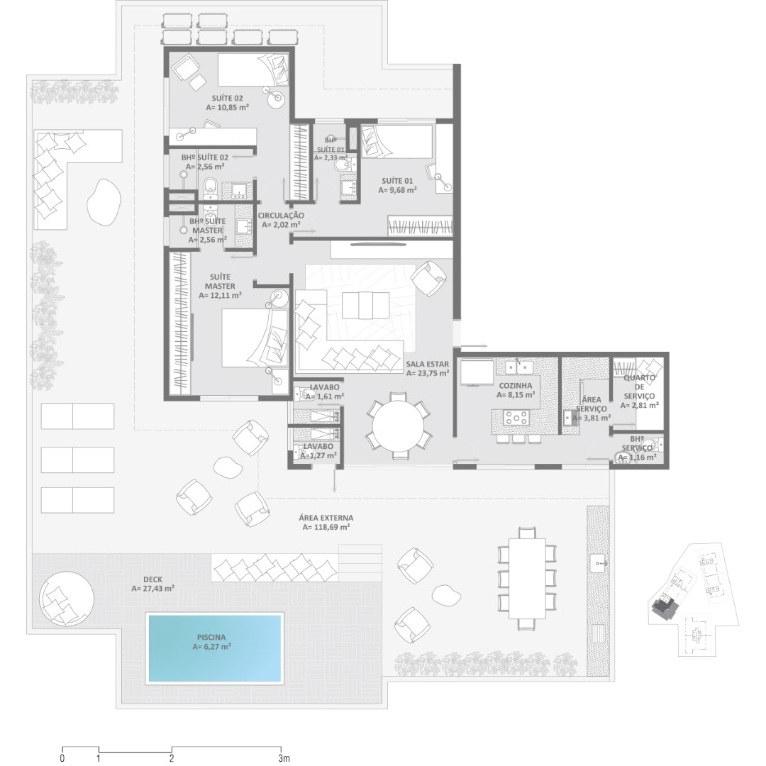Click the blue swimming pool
click(x=216, y=648)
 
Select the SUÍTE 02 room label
click(x=227, y=98)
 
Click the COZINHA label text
click(x=516, y=385)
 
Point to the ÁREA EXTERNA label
click(x=326, y=518)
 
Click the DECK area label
click(x=153, y=579)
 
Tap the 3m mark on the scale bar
click(x=283, y=758)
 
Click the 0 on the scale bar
click(x=62, y=758)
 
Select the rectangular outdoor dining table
click(x=527, y=578)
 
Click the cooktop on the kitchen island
click(x=516, y=418)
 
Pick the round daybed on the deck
click(x=67, y=599)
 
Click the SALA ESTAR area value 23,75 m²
click(x=428, y=373)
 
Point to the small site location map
click(x=693, y=600)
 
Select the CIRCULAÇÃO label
click(x=281, y=216)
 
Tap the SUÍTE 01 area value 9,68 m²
click(x=398, y=190)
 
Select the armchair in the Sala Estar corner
click(x=428, y=278)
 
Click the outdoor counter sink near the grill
click(x=599, y=562)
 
